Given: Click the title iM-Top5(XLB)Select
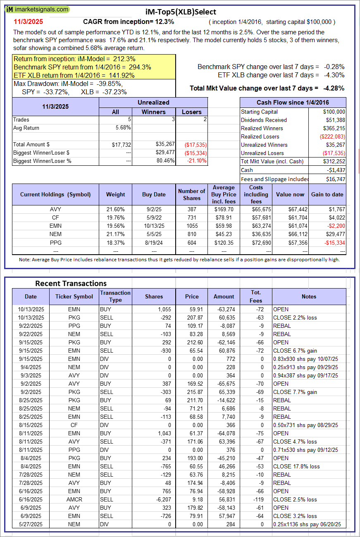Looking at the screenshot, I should point(181,12).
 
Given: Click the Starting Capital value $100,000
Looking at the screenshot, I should point(334,112).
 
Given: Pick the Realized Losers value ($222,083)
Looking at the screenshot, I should point(332,136).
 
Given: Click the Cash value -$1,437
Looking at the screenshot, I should point(336,170).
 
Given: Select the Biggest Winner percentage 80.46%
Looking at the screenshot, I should point(165,161).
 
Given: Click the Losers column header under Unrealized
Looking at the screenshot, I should point(192,112).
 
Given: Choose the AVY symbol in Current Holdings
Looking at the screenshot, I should point(55,209).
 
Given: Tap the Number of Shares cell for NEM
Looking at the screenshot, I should point(191,234).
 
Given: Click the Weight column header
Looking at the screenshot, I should point(115,194).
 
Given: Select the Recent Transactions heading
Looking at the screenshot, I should point(71,283).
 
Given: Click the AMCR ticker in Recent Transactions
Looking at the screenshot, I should point(74,499).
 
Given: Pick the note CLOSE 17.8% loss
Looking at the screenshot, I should point(296,466).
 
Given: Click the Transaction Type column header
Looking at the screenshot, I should point(115,296).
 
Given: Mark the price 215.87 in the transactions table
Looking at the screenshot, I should point(192,392).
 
